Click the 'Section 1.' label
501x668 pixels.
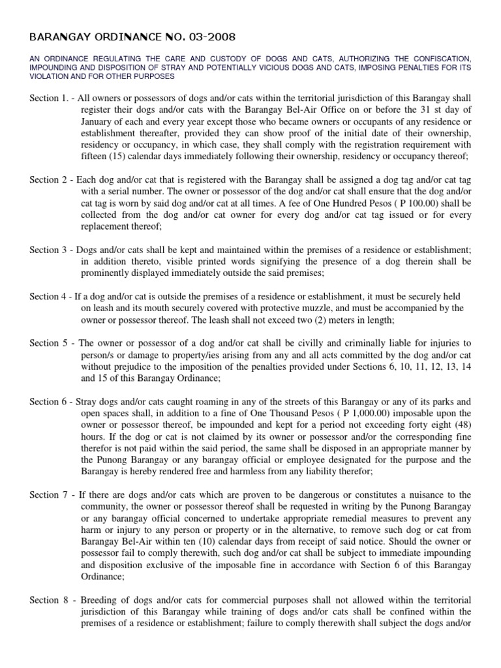tap(50, 97)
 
